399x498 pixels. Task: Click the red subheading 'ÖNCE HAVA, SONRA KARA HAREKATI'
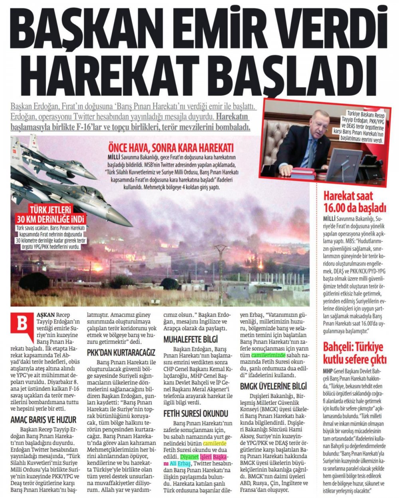point(168,146)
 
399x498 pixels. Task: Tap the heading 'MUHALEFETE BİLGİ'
point(191,339)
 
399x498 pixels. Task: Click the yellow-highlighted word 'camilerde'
point(215,443)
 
